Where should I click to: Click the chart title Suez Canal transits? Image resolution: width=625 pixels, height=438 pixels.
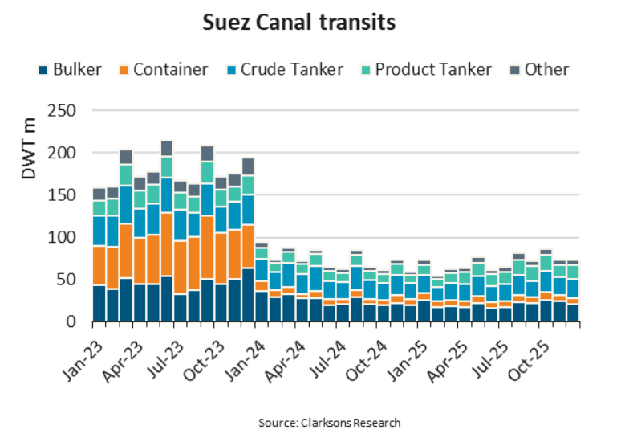tap(298, 23)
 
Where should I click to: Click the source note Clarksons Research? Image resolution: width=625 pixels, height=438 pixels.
tap(329, 422)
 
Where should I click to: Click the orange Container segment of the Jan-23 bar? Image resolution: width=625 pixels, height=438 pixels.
tap(99, 265)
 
